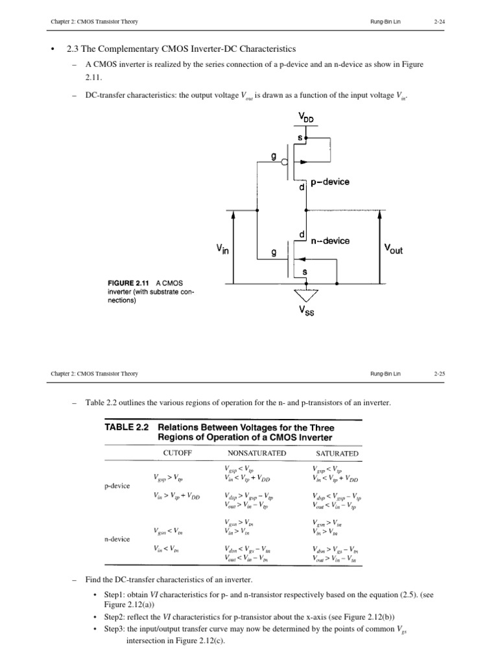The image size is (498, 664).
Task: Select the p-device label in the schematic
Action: coord(330,182)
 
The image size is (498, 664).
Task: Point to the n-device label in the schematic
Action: coord(329,241)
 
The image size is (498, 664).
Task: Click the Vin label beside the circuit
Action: coord(222,248)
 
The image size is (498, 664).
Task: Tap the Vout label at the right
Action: coord(393,248)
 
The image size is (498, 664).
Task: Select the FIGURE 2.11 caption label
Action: coord(128,283)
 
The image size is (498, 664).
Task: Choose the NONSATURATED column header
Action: coord(257,453)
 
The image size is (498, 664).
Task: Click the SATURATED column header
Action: coord(337,453)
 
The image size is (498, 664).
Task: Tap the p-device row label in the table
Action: coord(117,485)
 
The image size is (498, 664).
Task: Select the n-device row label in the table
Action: coord(117,539)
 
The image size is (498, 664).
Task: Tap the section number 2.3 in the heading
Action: coord(73,49)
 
